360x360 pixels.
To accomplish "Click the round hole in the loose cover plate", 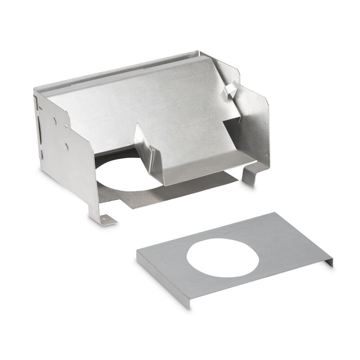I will [x=222, y=257].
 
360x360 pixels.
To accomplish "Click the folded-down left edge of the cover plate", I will [x=162, y=279].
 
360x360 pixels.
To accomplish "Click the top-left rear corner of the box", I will [x=36, y=90].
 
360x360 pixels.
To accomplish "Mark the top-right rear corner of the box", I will [x=199, y=52].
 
